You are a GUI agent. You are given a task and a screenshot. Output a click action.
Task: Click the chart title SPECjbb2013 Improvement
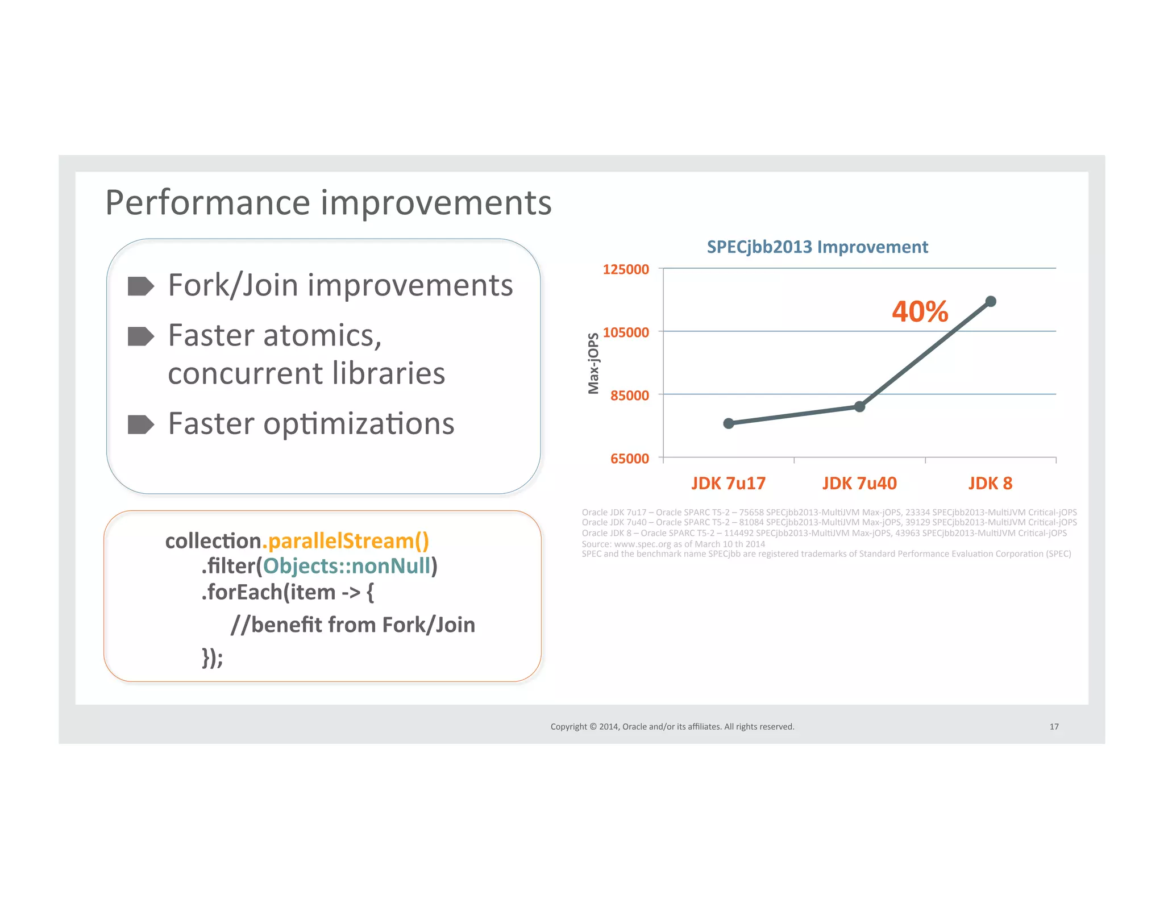817,247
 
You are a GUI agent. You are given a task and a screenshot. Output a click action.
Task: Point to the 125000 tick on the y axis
625,269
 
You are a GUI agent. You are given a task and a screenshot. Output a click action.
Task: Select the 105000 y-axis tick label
625,332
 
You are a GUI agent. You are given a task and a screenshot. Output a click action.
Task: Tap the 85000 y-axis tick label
629,396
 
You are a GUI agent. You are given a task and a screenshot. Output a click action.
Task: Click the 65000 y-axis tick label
629,459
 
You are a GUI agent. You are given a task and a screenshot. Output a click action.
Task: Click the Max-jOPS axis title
593,363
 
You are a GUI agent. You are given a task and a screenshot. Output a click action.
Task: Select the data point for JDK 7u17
729,423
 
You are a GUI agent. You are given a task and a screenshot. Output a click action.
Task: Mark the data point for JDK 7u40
859,406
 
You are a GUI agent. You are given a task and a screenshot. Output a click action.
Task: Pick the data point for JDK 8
991,301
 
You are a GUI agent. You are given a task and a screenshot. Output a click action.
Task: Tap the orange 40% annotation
920,311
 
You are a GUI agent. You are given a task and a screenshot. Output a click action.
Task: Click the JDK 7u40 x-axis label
859,484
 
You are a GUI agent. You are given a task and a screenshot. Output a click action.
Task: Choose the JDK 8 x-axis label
990,484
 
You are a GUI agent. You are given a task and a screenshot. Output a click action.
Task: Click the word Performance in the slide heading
209,203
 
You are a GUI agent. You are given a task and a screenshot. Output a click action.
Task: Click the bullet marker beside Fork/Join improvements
140,286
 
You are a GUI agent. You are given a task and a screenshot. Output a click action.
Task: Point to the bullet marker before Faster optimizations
140,424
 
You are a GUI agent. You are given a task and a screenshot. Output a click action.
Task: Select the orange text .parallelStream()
346,541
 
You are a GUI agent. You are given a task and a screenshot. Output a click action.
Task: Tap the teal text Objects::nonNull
347,566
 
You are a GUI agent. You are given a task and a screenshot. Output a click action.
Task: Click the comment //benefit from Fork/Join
352,625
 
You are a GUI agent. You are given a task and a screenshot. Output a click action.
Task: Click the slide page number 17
1054,726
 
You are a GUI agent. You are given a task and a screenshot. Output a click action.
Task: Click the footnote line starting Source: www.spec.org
673,544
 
